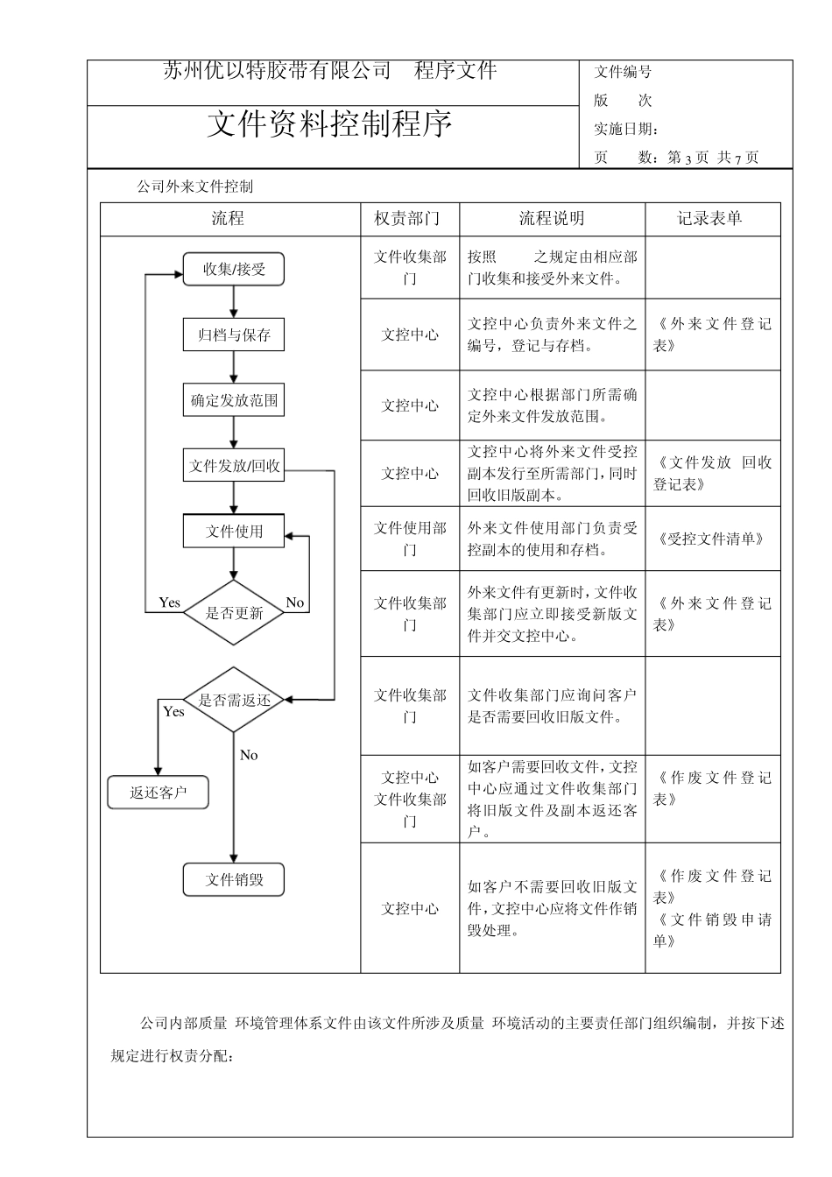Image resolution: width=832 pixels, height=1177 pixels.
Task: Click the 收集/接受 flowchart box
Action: [x=234, y=269]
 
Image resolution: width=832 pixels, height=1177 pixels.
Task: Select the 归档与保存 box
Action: [x=234, y=335]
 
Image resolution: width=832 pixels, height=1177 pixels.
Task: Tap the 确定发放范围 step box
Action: [x=234, y=401]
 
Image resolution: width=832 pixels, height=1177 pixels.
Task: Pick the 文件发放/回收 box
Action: [x=234, y=466]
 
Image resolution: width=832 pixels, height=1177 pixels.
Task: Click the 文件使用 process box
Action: [x=234, y=531]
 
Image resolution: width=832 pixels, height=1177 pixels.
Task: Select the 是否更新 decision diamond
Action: [x=234, y=612]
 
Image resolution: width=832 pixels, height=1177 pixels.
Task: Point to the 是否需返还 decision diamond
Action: [x=234, y=700]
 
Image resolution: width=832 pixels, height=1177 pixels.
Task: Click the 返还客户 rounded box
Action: [x=159, y=793]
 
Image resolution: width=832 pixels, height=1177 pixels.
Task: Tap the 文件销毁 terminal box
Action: [x=234, y=879]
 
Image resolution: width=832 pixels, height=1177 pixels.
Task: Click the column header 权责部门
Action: [x=409, y=219]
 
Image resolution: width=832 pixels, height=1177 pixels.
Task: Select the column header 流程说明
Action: [x=552, y=219]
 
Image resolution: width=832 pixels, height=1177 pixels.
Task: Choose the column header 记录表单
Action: [x=710, y=219]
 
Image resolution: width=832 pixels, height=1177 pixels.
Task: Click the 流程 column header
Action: [x=228, y=219]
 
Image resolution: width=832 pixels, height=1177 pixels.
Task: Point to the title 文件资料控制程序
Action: [x=330, y=124]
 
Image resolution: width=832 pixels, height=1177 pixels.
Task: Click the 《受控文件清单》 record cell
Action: [x=710, y=539]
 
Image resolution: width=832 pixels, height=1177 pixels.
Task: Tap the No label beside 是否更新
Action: [x=295, y=603]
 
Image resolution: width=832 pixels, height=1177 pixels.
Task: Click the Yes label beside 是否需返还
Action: [x=173, y=712]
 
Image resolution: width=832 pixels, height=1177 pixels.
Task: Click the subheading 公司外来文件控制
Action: [x=195, y=187]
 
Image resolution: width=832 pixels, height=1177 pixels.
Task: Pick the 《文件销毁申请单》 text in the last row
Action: [x=712, y=930]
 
